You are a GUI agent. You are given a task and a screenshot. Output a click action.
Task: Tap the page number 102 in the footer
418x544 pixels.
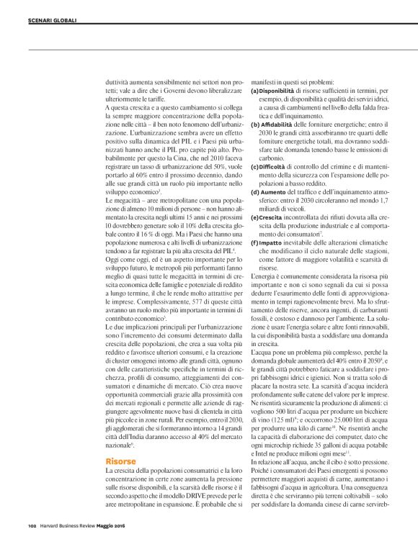(x=32, y=534)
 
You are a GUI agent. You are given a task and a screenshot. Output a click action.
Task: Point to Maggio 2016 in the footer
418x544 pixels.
(x=115, y=534)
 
